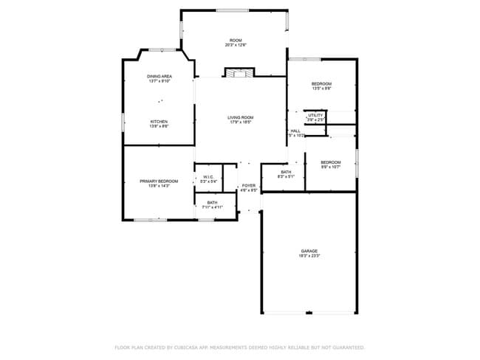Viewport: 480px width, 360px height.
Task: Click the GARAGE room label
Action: (x=309, y=251)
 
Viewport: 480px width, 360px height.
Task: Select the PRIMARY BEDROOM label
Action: (x=160, y=181)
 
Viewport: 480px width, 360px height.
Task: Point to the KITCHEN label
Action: (x=160, y=122)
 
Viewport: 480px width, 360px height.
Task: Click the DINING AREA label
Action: (x=160, y=76)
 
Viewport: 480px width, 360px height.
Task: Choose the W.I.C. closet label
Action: (x=208, y=177)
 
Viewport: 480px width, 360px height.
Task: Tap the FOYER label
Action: (x=249, y=185)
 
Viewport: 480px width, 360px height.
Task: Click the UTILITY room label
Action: (x=316, y=115)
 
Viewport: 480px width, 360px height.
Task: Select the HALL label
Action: (x=295, y=131)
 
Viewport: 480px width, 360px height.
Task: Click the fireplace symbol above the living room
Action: (x=239, y=73)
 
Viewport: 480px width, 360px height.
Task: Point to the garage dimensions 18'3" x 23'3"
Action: (x=309, y=256)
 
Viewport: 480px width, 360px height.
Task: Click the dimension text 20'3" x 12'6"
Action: (x=236, y=45)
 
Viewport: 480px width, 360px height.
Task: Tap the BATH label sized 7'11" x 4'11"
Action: (x=212, y=203)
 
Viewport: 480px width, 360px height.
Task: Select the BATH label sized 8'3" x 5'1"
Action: (x=286, y=172)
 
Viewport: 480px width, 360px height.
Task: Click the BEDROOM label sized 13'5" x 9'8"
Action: (x=321, y=84)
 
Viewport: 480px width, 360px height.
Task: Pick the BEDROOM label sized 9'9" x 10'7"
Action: (x=330, y=162)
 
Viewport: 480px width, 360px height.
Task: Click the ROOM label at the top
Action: (x=236, y=40)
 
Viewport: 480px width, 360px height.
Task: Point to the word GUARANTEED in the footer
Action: (x=349, y=347)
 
